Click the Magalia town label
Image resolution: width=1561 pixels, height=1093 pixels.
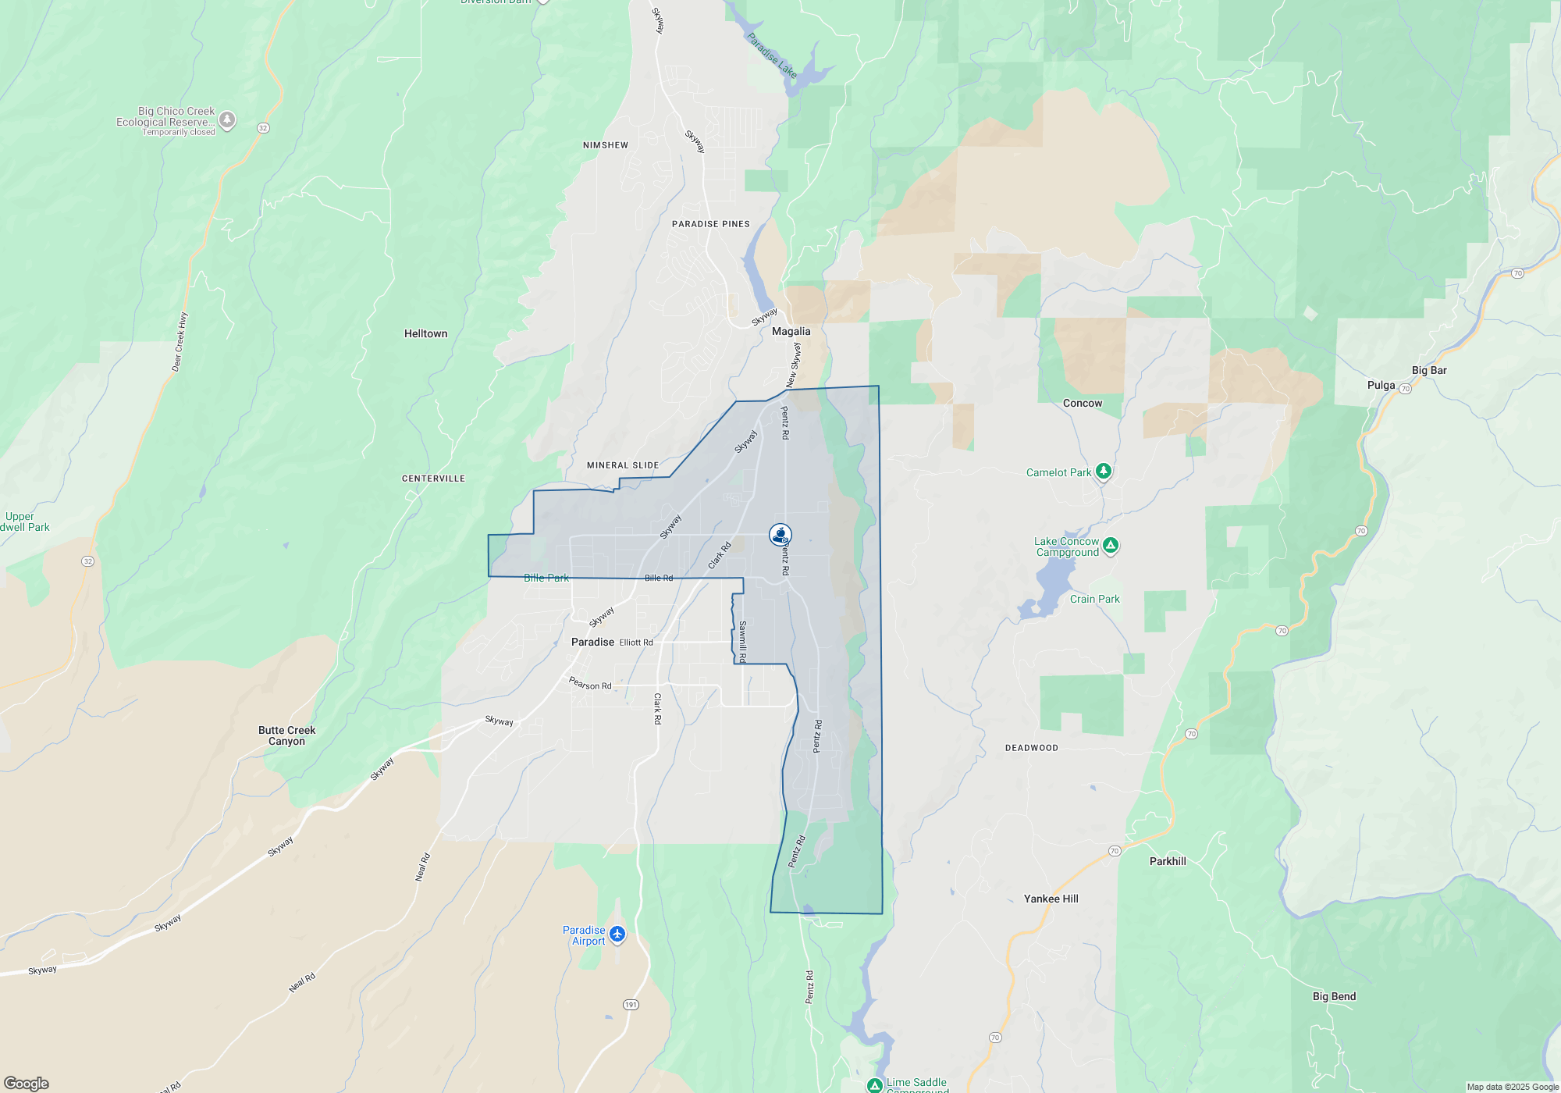click(x=791, y=332)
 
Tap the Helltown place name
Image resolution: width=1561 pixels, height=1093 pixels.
click(x=425, y=334)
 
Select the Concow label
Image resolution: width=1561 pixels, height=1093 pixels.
click(x=1083, y=404)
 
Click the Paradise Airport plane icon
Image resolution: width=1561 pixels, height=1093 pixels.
click(x=617, y=934)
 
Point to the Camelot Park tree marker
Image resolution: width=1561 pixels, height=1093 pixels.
click(x=1103, y=471)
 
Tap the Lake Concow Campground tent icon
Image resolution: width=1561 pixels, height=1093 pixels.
click(x=1111, y=544)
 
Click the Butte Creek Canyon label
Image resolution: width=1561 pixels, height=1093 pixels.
click(x=286, y=735)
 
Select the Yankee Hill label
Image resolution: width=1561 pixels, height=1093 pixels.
click(x=1051, y=899)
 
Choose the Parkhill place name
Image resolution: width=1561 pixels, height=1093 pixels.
click(x=1168, y=862)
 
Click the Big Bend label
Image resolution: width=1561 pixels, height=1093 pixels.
click(x=1334, y=997)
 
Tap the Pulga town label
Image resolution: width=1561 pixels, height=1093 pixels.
click(x=1381, y=386)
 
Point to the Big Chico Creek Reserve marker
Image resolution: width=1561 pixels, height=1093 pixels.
click(x=227, y=119)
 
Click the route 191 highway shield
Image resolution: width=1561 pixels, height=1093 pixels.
click(x=631, y=1005)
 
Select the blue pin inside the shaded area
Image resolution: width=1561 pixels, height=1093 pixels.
click(x=780, y=534)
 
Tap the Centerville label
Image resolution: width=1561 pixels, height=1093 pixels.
click(x=433, y=479)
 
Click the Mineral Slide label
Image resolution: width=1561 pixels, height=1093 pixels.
click(x=623, y=465)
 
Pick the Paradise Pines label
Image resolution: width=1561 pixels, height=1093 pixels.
click(x=710, y=224)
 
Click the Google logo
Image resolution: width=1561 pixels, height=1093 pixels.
click(x=27, y=1084)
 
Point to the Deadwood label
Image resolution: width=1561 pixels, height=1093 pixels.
click(x=1031, y=748)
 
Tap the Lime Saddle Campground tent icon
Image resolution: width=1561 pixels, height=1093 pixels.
click(x=875, y=1085)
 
